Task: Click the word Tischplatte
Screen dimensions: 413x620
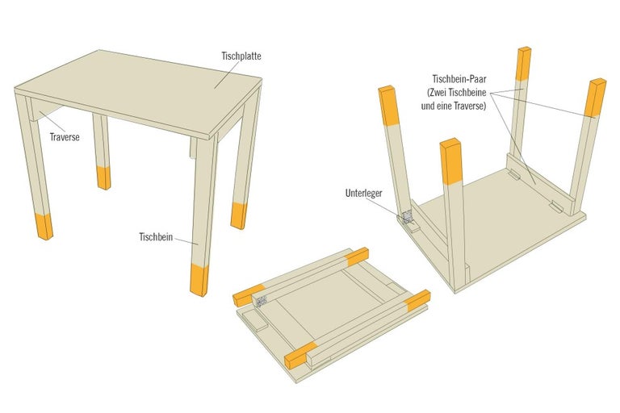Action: [241, 56]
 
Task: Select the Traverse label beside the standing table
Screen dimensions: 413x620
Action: [64, 137]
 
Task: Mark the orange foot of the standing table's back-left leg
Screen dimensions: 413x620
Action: [103, 177]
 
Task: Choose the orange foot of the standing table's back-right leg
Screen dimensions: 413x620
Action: [238, 215]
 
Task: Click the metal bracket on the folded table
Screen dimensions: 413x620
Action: [261, 301]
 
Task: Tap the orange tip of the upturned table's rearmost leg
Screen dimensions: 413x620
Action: [523, 63]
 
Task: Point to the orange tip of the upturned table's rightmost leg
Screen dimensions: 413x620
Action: [597, 98]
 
